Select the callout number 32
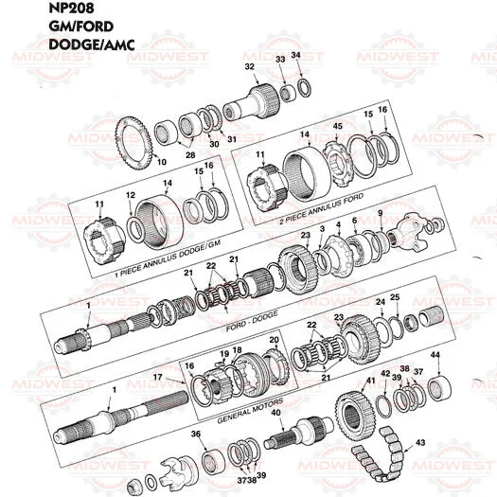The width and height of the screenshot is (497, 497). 249,66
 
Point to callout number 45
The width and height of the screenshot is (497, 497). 337,127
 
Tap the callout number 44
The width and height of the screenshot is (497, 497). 435,356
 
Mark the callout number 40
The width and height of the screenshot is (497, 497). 275,413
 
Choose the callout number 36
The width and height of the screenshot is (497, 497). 196,434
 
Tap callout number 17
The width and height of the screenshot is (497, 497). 157,378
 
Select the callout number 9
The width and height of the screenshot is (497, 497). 381,214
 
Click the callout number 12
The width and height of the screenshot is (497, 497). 132,196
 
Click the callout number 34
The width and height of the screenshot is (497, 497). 296,56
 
